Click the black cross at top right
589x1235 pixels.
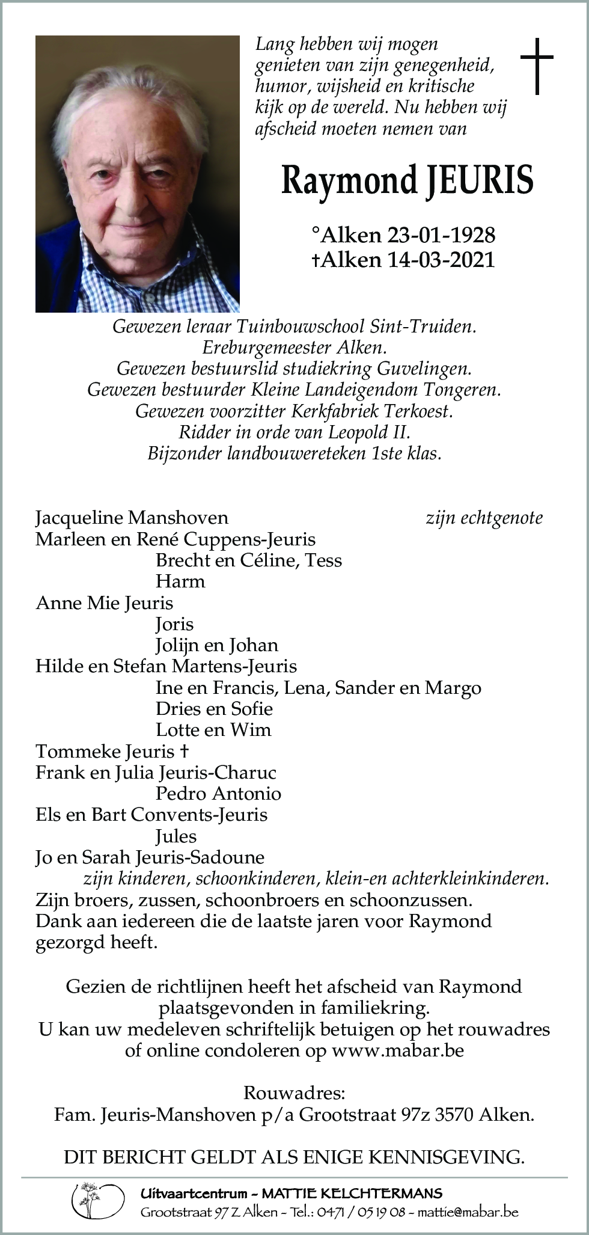point(536,66)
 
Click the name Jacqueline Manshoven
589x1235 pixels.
point(132,518)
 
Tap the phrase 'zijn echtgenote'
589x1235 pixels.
point(484,518)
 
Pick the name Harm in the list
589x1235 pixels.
point(180,581)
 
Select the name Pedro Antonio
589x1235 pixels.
point(218,794)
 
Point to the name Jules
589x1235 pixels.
point(176,836)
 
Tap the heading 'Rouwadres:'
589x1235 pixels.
point(294,1092)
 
